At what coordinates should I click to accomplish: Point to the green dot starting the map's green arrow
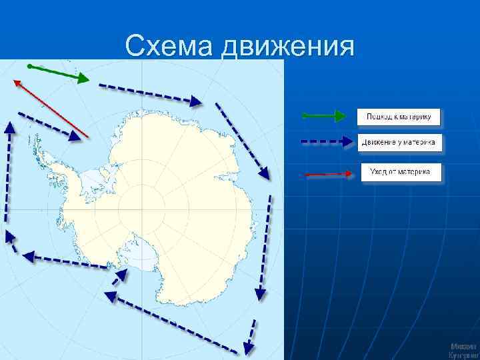(x=29, y=66)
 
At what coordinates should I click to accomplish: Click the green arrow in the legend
(x=323, y=117)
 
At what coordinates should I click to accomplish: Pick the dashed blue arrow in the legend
(x=324, y=141)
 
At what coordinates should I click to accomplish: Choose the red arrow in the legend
(x=326, y=174)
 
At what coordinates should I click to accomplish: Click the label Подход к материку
(x=399, y=117)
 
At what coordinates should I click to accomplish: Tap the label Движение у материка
(x=399, y=142)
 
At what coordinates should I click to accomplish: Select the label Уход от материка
(x=401, y=173)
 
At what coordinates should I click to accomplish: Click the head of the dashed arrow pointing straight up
(x=9, y=127)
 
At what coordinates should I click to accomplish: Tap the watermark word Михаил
(x=463, y=347)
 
